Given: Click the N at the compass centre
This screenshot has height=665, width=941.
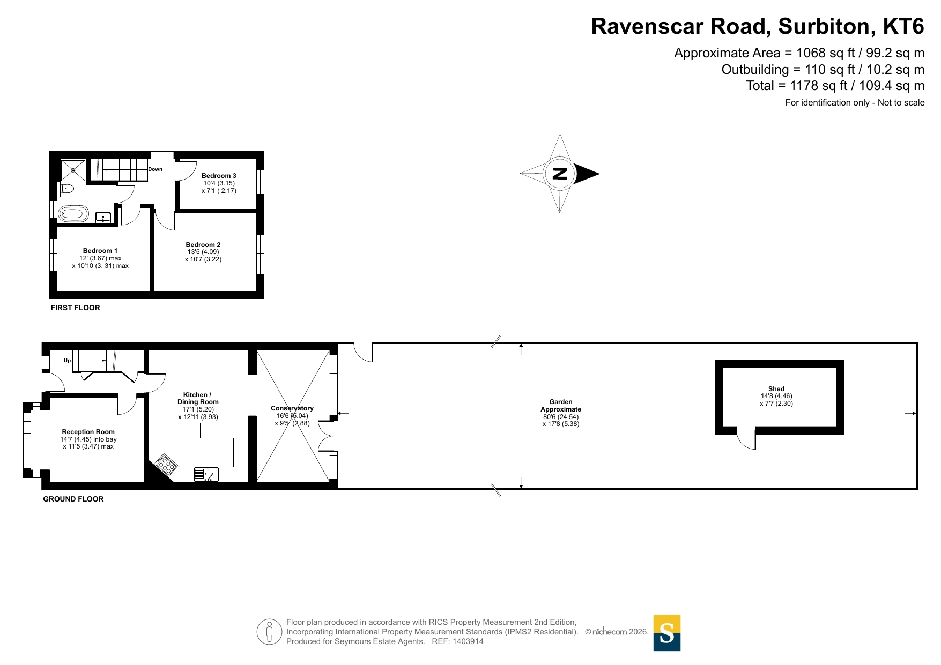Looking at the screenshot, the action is [x=560, y=174].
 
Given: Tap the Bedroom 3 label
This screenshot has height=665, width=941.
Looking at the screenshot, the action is [x=219, y=176].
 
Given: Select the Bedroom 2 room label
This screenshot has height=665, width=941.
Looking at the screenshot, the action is [x=203, y=245].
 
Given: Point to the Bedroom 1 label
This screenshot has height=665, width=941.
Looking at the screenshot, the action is [x=100, y=251].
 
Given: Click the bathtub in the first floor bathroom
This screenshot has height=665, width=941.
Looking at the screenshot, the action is [x=73, y=214].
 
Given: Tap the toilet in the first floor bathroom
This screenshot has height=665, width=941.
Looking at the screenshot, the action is [x=67, y=188].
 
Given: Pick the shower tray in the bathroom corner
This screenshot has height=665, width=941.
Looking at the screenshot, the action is [x=73, y=170].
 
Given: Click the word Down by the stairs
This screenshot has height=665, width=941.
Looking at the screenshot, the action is [x=155, y=169].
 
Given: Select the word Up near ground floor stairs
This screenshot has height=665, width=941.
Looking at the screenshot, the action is [x=68, y=361].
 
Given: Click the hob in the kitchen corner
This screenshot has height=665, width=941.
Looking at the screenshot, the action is [x=166, y=465].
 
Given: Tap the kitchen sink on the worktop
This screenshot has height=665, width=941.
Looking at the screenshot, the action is [x=206, y=474].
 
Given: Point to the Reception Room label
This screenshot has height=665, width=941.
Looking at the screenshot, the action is [x=88, y=432].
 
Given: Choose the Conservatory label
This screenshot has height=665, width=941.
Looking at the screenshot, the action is [x=292, y=408].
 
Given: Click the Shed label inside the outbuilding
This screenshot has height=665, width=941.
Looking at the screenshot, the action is [x=776, y=389].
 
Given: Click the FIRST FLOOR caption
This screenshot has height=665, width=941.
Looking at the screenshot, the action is [x=76, y=308].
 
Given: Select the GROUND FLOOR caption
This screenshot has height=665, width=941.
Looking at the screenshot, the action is [x=73, y=499].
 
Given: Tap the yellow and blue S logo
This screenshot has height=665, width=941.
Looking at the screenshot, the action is [x=667, y=633].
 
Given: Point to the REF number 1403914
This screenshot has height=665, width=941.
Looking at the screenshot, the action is [x=468, y=641].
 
